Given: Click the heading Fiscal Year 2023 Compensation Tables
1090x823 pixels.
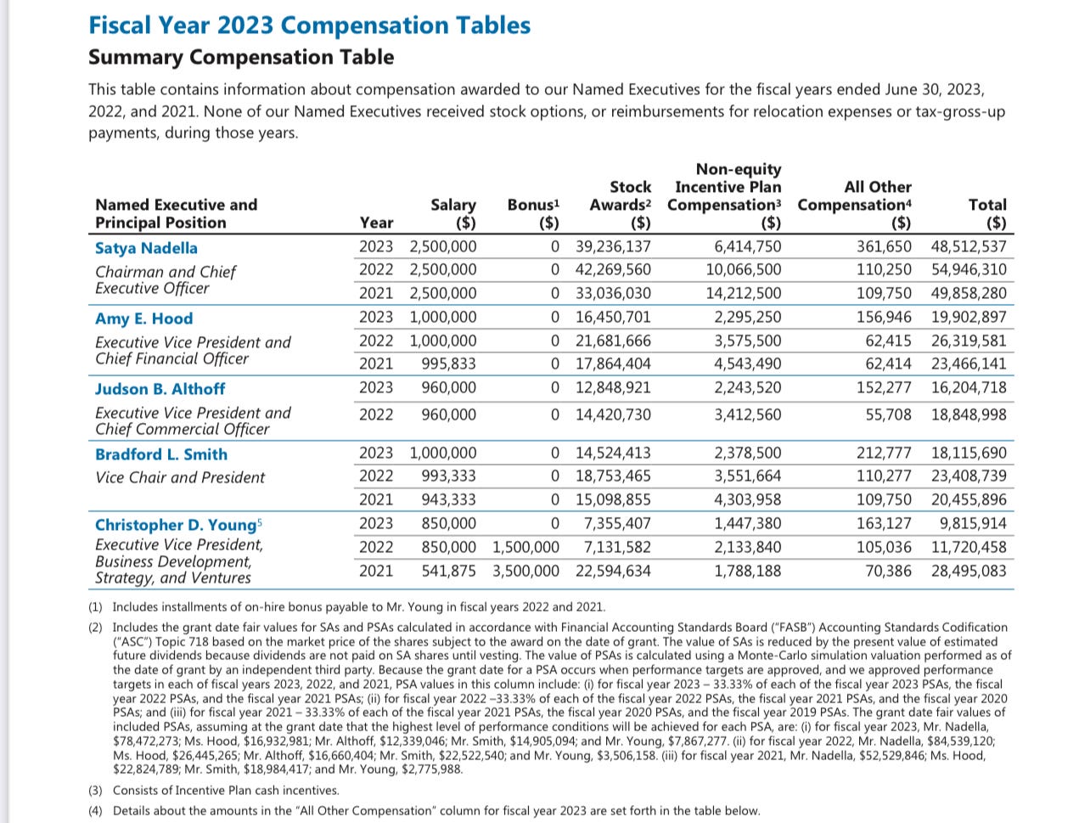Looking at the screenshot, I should pyautogui.click(x=309, y=25).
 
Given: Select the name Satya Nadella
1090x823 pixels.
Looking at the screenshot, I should pyautogui.click(x=146, y=248).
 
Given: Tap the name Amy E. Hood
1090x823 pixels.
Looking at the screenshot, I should pyautogui.click(x=143, y=318).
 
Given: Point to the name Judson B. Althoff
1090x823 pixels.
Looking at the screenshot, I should pyautogui.click(x=160, y=389).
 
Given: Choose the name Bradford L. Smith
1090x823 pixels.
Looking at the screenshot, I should pyautogui.click(x=161, y=454).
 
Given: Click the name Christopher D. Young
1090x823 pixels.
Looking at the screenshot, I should pyautogui.click(x=175, y=525).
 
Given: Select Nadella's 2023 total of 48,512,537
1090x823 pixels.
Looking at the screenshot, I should pyautogui.click(x=969, y=247).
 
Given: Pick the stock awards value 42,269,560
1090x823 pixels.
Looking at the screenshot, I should pyautogui.click(x=613, y=270).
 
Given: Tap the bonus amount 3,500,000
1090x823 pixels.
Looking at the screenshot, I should pyautogui.click(x=525, y=571).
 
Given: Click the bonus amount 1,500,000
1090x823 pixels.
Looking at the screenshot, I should pyautogui.click(x=525, y=547).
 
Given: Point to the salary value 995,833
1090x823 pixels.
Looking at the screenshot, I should pyautogui.click(x=449, y=364).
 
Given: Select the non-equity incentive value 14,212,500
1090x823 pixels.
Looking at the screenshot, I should pyautogui.click(x=744, y=294).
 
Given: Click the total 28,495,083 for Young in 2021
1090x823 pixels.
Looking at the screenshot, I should pyautogui.click(x=969, y=571).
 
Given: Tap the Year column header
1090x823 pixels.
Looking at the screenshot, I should pyautogui.click(x=376, y=223).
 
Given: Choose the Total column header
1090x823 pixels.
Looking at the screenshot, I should pyautogui.click(x=987, y=205).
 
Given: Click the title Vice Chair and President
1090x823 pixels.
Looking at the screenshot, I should pyautogui.click(x=180, y=477).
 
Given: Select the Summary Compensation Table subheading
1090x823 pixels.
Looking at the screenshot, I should pyautogui.click(x=241, y=57).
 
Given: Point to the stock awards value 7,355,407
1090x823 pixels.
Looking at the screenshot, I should pyautogui.click(x=617, y=524).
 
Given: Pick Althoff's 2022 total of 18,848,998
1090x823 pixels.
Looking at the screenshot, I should pyautogui.click(x=969, y=415).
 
